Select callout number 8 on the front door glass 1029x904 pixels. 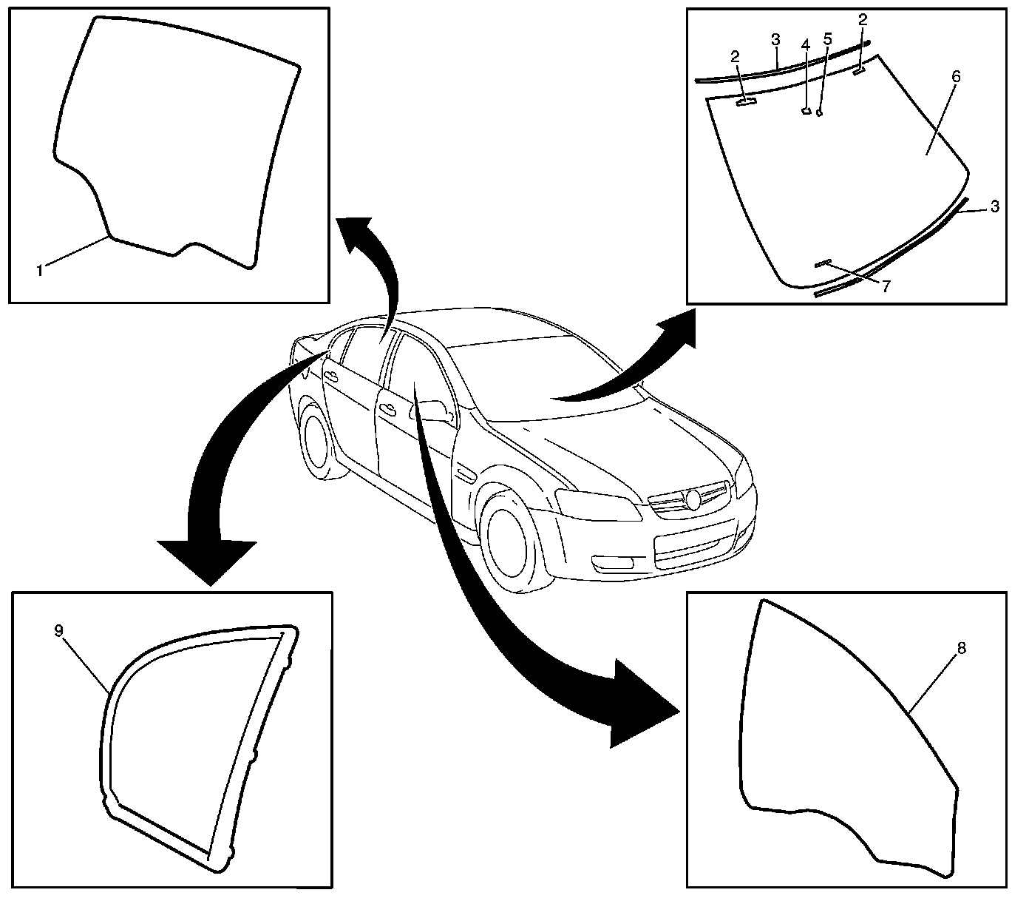pyautogui.click(x=961, y=648)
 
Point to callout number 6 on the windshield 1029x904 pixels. pyautogui.click(x=957, y=76)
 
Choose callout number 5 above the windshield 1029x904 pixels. pyautogui.click(x=827, y=38)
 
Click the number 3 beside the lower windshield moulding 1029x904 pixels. pyautogui.click(x=995, y=207)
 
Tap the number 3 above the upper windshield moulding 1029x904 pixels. pyautogui.click(x=775, y=38)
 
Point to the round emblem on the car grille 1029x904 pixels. pyautogui.click(x=693, y=499)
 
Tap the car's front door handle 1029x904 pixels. pyautogui.click(x=386, y=407)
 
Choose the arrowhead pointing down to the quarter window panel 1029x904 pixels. pyautogui.click(x=208, y=562)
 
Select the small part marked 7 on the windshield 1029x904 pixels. pyautogui.click(x=823, y=263)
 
